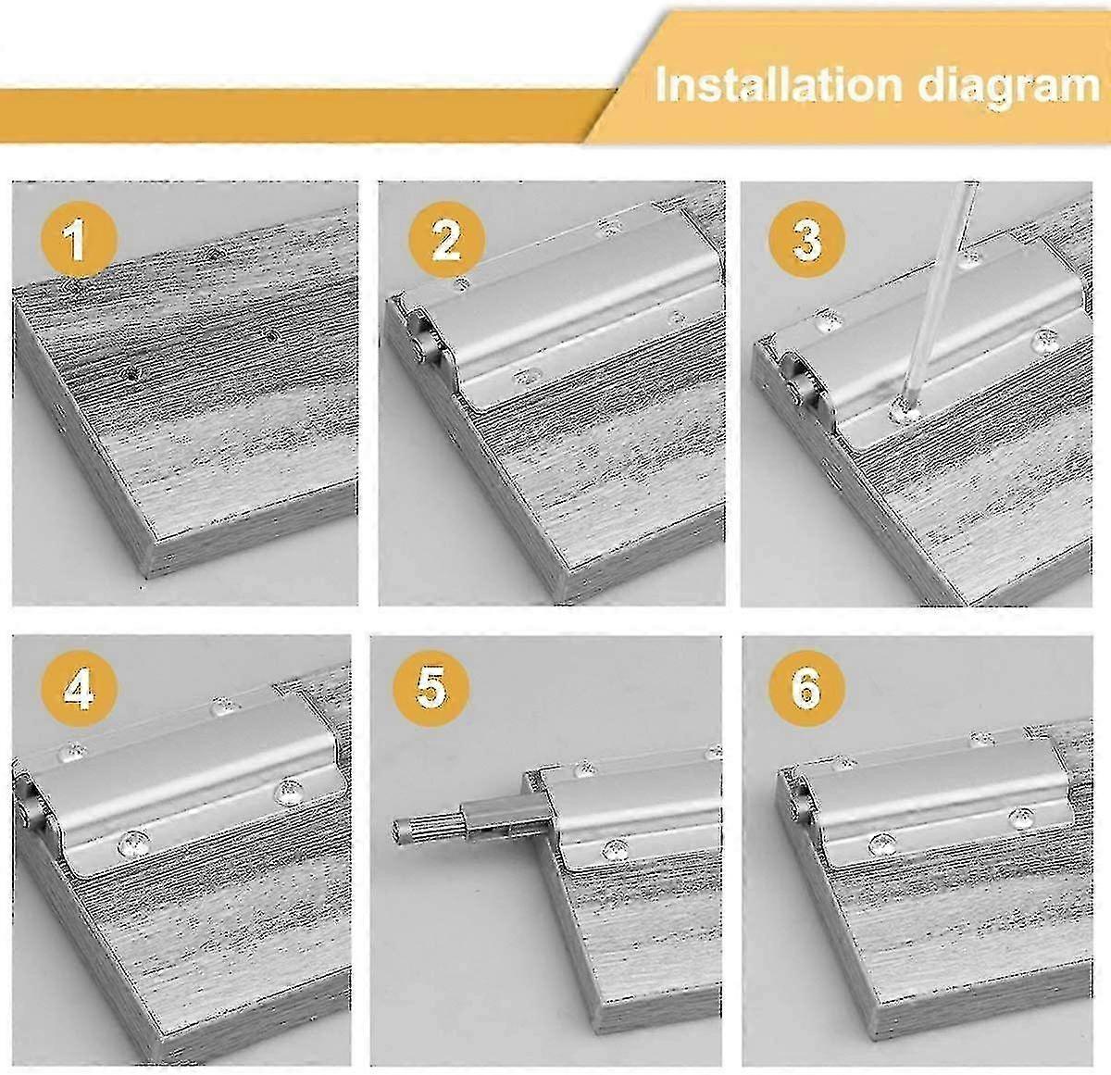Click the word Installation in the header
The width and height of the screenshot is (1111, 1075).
(779, 85)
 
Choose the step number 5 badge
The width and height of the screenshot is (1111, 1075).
(431, 690)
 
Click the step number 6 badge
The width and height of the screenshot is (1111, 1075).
(806, 690)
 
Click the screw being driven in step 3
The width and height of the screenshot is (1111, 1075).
(901, 408)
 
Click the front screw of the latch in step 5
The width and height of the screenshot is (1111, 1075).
(611, 850)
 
